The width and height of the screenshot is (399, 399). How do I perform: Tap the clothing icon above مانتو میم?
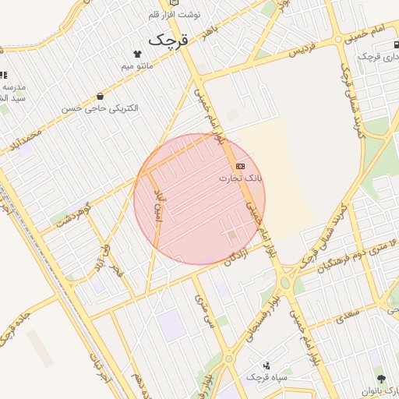coord(138,54)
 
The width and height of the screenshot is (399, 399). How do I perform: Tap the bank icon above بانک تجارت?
coord(240,166)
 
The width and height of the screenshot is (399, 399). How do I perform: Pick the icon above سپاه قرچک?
coord(267,364)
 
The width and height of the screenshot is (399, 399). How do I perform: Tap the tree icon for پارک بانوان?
coord(381,380)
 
